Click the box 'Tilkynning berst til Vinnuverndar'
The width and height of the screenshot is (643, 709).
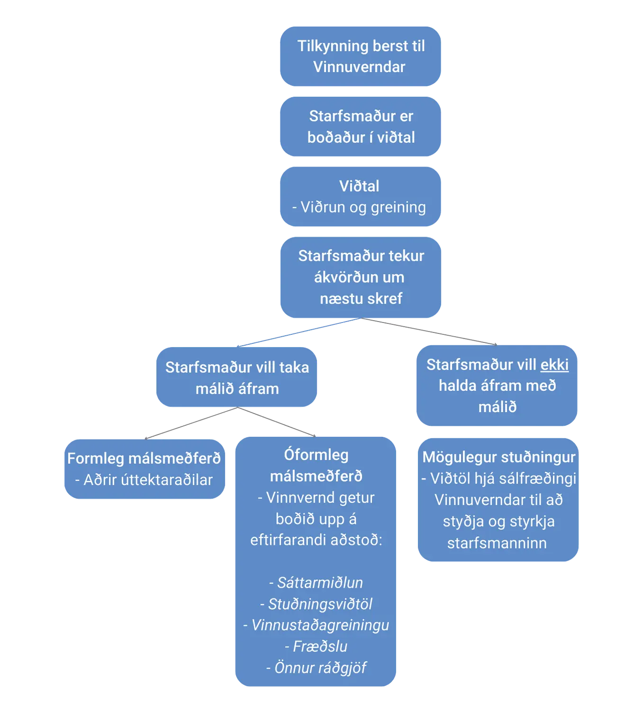point(361,56)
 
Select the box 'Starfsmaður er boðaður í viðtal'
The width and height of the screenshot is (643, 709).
point(361,127)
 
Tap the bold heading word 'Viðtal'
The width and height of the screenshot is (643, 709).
point(359,186)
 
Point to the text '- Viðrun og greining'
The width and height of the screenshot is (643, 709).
point(359,207)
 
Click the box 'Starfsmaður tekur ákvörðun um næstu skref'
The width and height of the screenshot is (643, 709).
point(361,277)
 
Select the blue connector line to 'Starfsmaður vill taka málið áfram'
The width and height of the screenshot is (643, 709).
point(299,332)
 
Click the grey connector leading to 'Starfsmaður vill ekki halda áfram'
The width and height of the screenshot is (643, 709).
point(429,331)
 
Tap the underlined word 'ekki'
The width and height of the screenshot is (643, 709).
point(554,365)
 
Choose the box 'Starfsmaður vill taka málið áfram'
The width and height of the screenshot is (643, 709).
point(237,377)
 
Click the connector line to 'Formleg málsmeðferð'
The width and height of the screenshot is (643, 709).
point(191,423)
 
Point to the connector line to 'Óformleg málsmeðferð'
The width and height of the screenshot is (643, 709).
point(277,422)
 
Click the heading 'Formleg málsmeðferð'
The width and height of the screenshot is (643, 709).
point(144,459)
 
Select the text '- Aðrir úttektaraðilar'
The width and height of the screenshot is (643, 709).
point(144,480)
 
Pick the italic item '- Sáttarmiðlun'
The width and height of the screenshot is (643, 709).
point(316,583)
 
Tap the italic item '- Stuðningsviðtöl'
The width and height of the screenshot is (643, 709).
point(316,604)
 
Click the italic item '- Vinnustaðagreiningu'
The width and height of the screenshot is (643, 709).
point(316,625)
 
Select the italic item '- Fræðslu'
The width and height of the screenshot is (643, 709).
point(316,646)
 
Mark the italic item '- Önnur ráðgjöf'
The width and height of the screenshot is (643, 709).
point(316,668)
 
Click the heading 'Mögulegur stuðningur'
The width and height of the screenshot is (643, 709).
point(499,457)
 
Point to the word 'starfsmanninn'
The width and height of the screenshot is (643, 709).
point(497,543)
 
